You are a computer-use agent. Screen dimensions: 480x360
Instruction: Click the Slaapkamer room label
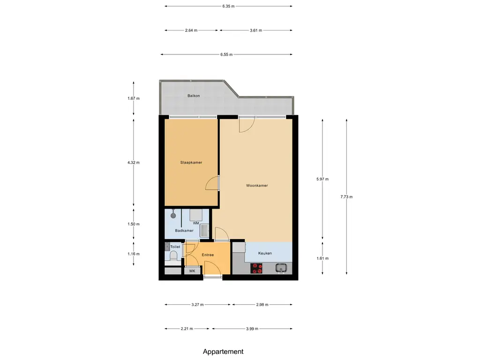191,163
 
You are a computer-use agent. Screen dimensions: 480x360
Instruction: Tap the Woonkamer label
257,186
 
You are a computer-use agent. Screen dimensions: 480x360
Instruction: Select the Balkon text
194,96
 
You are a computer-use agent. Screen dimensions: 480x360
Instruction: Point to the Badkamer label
184,231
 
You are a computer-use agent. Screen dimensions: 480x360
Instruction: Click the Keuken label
265,253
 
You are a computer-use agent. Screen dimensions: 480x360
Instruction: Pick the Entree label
208,255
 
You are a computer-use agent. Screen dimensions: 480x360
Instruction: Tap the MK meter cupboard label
192,271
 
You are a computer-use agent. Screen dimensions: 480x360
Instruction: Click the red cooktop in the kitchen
256,268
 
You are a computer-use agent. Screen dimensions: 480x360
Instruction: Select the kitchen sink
281,268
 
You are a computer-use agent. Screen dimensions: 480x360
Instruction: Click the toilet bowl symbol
173,256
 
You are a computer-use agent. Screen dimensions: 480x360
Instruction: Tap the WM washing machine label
196,223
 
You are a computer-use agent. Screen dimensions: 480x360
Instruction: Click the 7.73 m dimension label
346,197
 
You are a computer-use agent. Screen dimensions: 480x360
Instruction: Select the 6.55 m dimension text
226,54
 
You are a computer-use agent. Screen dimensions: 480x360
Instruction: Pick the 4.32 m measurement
134,163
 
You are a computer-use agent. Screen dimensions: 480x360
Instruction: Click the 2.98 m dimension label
262,305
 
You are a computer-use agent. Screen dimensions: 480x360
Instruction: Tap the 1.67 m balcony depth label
134,98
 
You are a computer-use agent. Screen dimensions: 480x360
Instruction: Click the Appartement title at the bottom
223,352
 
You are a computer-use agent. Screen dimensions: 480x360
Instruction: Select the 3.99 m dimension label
252,329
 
